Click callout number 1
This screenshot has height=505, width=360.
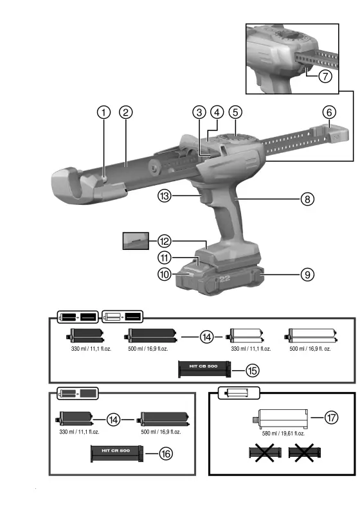click(103, 112)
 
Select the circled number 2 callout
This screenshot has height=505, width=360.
click(126, 112)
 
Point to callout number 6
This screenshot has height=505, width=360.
click(329, 112)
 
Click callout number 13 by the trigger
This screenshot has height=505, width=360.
click(165, 199)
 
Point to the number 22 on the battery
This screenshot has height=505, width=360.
click(224, 279)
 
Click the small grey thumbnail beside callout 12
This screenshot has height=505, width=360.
click(136, 241)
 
